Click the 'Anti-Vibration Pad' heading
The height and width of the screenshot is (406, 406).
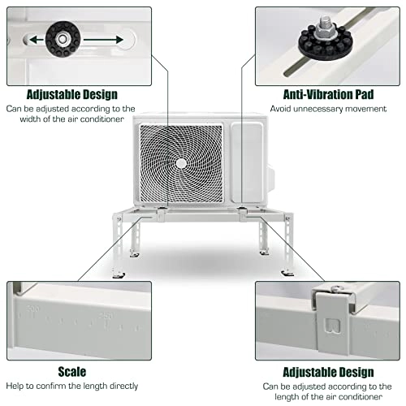tap(327, 95)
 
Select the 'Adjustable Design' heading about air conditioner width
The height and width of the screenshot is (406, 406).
tap(71, 95)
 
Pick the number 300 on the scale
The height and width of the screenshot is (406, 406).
tap(33, 310)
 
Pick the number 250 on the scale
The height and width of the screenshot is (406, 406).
tap(105, 316)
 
